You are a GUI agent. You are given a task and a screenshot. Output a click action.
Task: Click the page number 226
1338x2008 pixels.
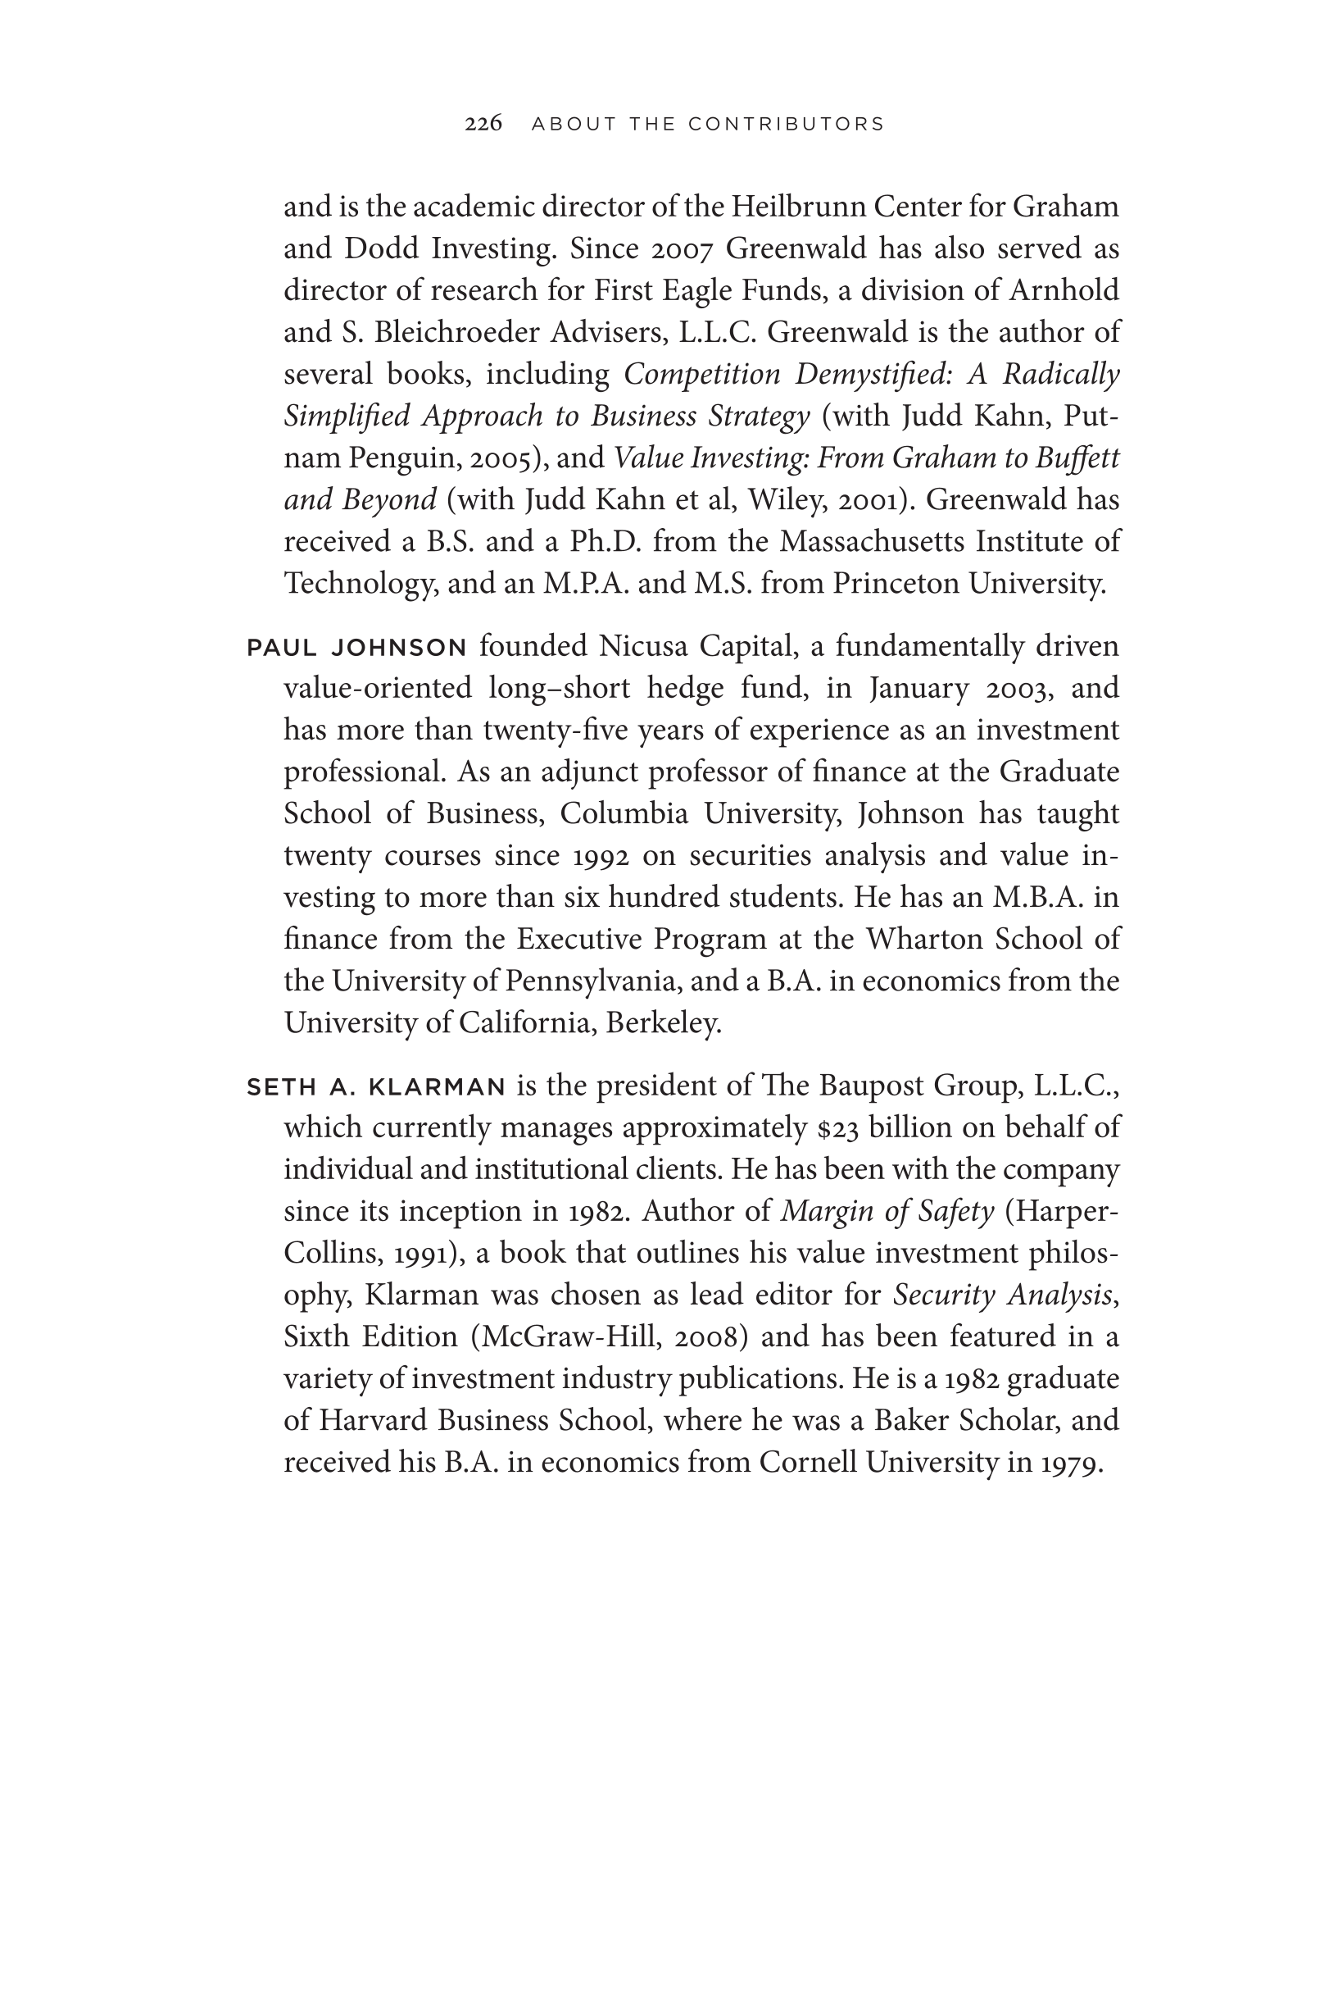click(483, 124)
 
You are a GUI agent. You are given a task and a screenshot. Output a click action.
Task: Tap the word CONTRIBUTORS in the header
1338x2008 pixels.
click(786, 125)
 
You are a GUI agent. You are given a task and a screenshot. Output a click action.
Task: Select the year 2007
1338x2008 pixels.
click(682, 249)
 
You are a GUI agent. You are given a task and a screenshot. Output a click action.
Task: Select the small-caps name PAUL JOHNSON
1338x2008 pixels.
click(356, 648)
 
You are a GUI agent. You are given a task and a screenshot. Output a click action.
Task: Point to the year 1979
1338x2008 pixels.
click(1071, 1464)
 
